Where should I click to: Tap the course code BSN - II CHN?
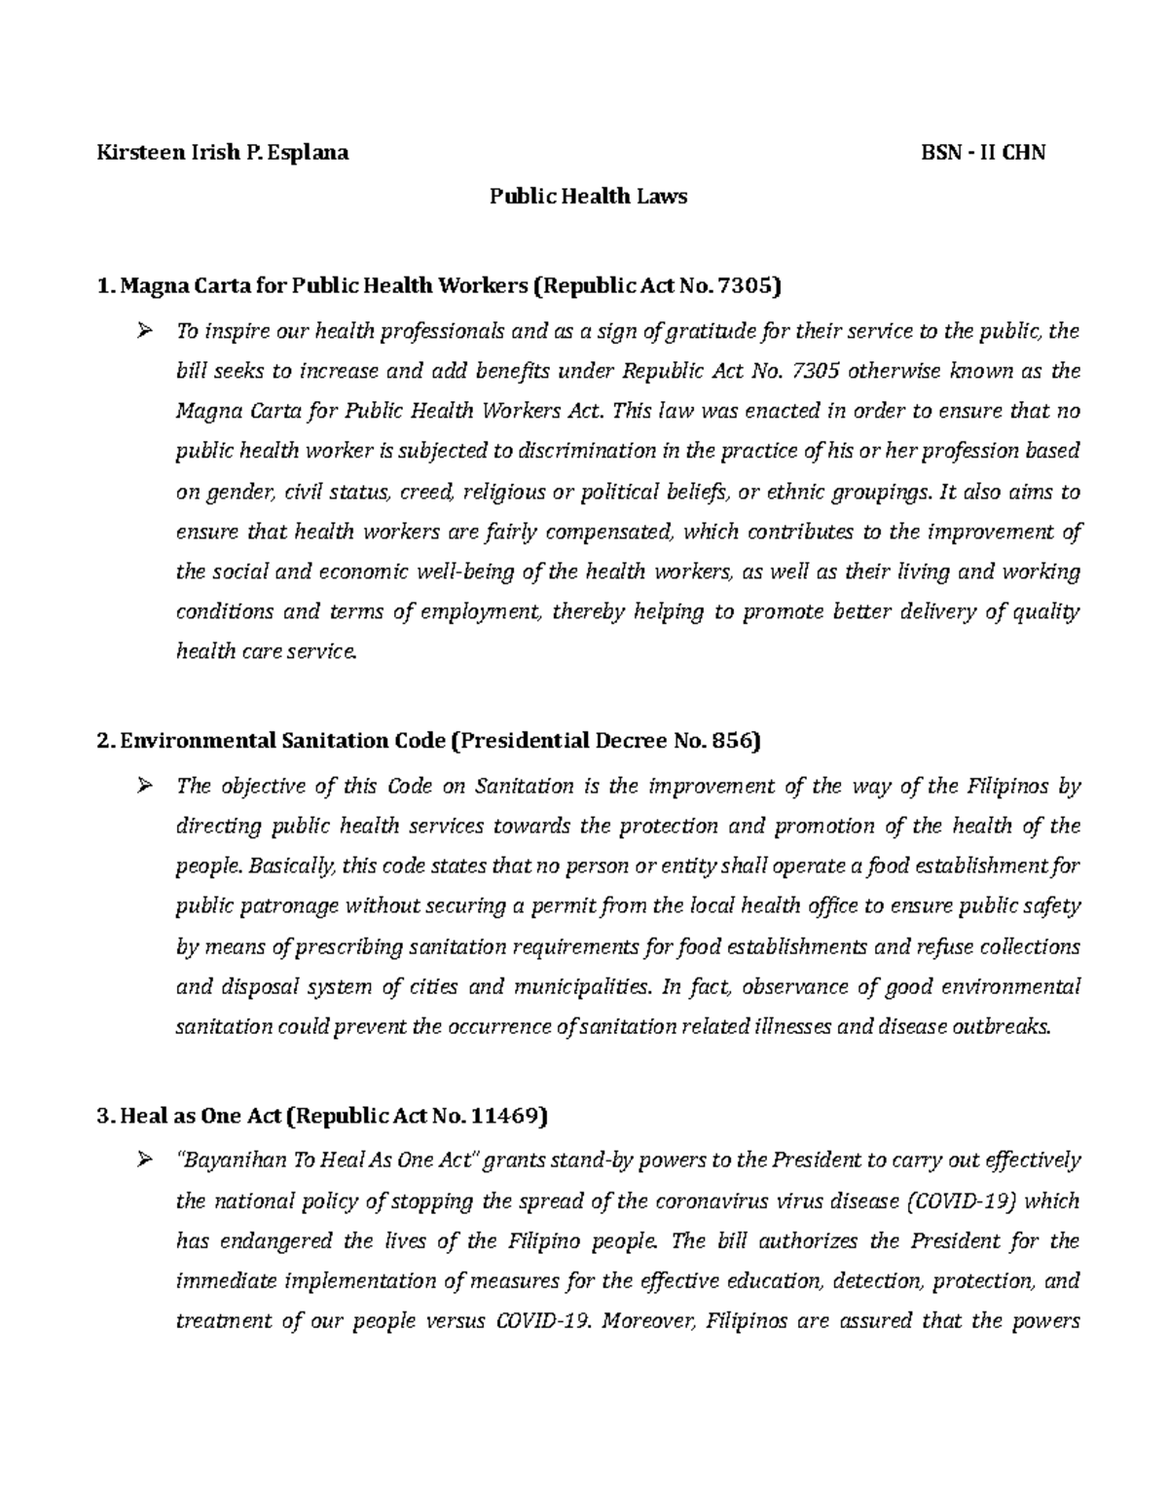click(983, 153)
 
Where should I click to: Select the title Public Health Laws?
click(588, 197)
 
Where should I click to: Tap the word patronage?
click(290, 906)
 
